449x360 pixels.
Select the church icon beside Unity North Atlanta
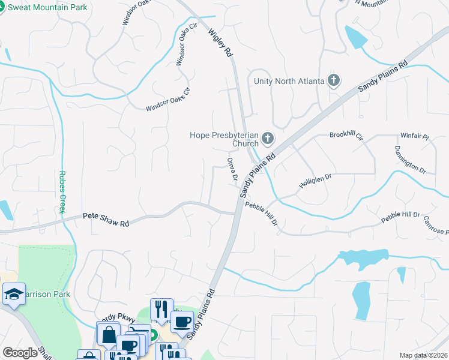[334, 81]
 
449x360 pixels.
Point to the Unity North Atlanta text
[289, 81]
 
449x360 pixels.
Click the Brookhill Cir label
[346, 136]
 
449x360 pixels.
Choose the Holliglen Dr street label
[315, 181]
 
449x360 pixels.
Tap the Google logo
[20, 353]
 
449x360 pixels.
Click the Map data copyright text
[423, 355]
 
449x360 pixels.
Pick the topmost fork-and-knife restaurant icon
[161, 309]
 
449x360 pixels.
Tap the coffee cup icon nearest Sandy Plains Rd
[181, 322]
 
